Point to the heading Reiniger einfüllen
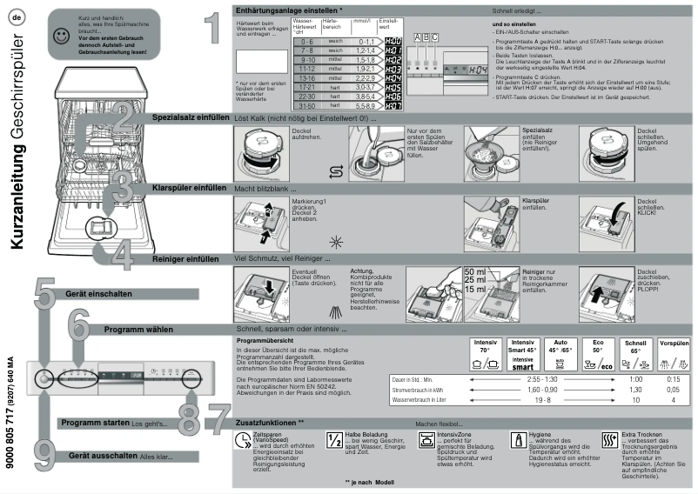[x=185, y=258]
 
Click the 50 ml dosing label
[x=475, y=272]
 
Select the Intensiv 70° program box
[x=485, y=353]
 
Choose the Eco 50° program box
[x=599, y=353]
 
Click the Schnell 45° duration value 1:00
[x=635, y=380]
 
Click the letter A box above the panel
[x=418, y=37]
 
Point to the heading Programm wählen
[x=138, y=330]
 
